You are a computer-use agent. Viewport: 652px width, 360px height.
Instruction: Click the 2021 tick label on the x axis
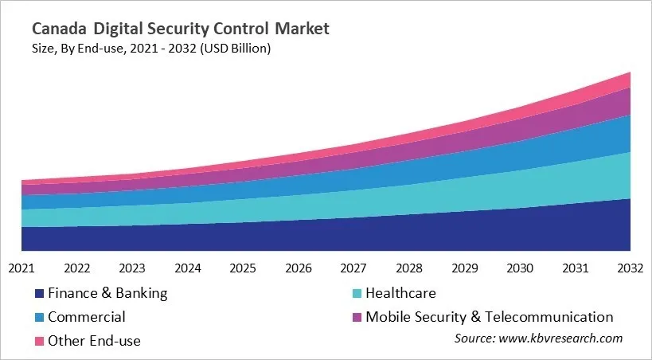pos(21,268)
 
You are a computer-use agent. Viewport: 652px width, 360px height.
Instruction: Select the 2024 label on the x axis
pos(187,268)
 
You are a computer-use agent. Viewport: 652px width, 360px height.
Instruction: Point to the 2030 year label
pos(519,268)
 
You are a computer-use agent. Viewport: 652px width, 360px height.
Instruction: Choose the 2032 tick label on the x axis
pos(630,268)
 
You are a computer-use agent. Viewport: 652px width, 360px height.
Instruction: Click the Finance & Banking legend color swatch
pos(38,294)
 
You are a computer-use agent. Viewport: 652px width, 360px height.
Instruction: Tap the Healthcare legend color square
pos(356,294)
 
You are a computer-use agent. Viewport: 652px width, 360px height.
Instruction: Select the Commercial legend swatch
pos(38,318)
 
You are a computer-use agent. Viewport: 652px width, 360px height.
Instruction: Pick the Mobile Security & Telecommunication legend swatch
pos(356,318)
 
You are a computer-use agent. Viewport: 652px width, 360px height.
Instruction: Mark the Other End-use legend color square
pos(38,341)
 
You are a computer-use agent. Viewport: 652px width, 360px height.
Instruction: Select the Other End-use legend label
pos(94,341)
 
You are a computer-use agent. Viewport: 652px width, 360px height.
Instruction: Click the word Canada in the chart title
pos(59,29)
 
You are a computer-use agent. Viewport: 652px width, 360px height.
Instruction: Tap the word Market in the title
pos(302,29)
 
